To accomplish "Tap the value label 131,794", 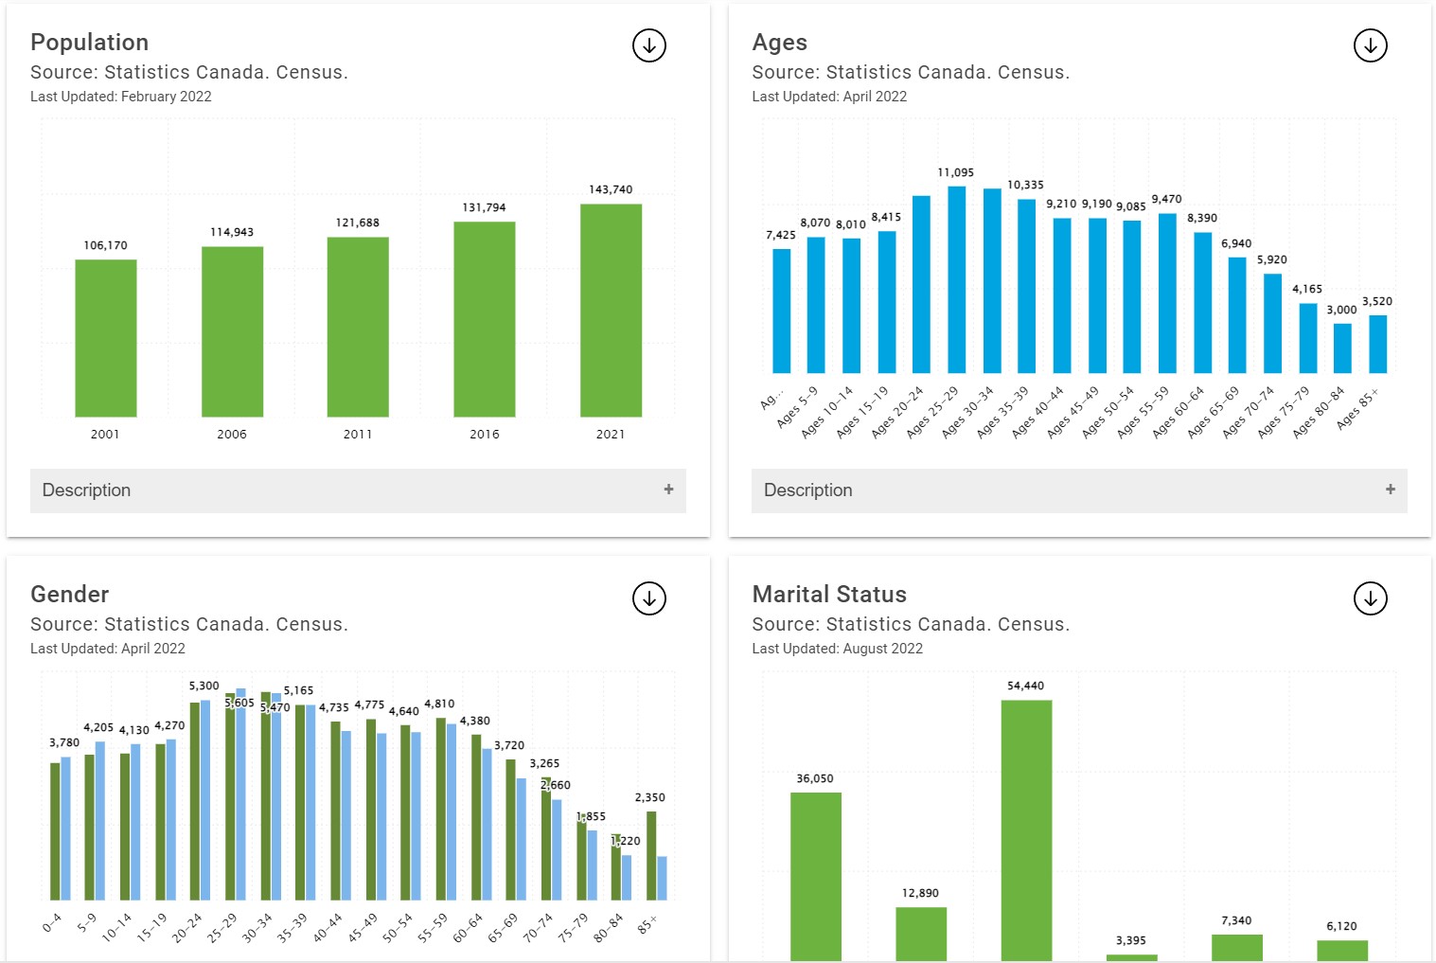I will point(484,207).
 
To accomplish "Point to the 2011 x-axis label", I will point(358,434).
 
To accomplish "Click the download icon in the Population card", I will point(649,45).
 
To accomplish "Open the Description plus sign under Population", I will point(668,490).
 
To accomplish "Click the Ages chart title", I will point(779,43).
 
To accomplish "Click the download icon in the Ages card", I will point(1370,45).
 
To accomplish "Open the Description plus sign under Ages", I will point(1390,490).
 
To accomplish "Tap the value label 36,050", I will point(815,778).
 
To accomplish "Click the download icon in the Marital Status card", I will point(1370,598).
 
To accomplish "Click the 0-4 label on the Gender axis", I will point(52,922).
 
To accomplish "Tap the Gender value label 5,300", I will point(204,686).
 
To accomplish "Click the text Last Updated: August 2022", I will point(837,649).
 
